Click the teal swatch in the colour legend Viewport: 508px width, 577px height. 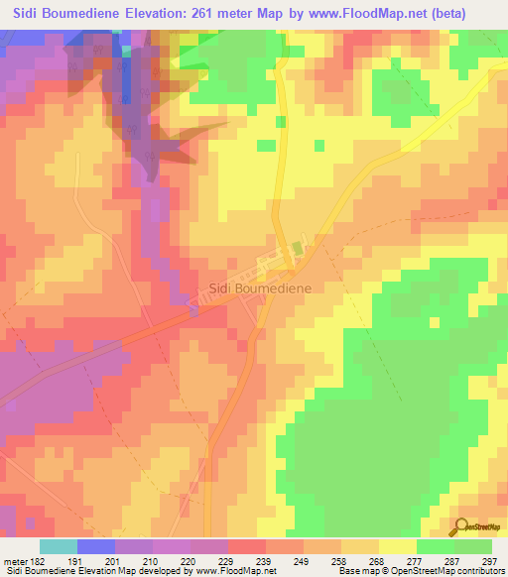coord(59,546)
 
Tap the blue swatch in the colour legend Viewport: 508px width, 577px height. coord(96,546)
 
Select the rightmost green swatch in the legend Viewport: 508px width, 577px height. coord(473,546)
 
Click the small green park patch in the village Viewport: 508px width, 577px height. coord(297,249)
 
